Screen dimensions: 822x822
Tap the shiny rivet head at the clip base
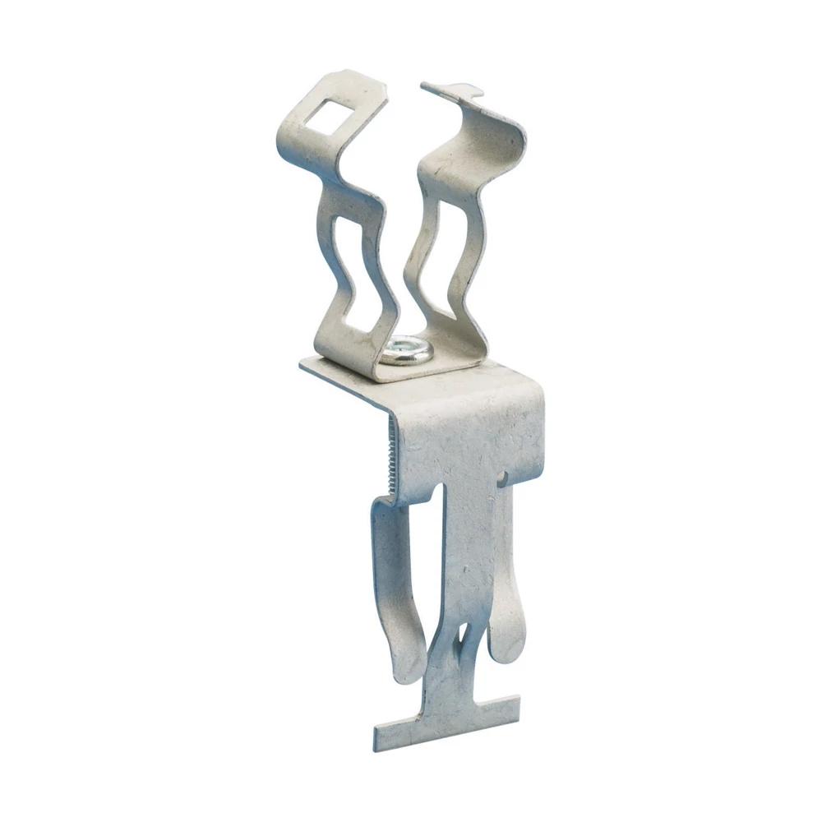pyautogui.click(x=406, y=353)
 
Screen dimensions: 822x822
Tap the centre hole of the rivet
pyautogui.click(x=406, y=350)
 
